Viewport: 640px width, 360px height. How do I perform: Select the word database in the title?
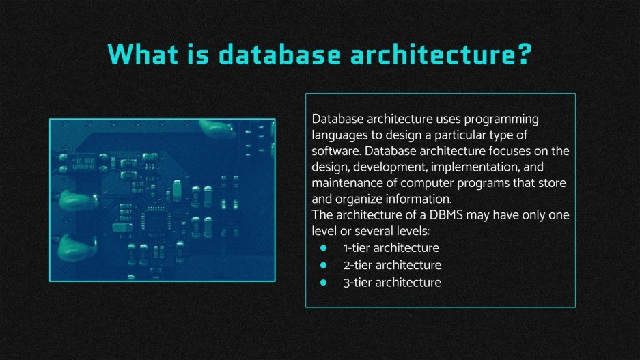click(279, 54)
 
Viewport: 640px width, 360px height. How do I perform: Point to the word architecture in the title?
click(432, 54)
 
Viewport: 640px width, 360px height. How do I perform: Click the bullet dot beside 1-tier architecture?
click(324, 248)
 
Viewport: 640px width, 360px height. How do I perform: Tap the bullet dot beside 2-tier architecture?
click(324, 265)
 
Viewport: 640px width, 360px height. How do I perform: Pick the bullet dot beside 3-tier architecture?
click(324, 282)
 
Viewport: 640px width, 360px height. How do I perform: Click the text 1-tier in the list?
click(357, 248)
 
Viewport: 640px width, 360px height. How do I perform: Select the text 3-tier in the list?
click(358, 282)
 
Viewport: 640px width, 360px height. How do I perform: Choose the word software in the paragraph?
click(336, 151)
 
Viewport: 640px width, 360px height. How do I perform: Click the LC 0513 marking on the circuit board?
click(85, 161)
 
